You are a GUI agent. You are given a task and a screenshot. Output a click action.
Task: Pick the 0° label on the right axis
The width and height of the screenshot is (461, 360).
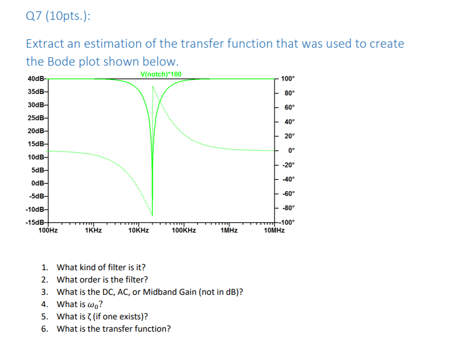(291, 151)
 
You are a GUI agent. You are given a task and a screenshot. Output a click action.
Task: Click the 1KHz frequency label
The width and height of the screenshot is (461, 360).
(93, 231)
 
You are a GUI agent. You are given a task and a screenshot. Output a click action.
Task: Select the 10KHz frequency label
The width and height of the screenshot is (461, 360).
(138, 231)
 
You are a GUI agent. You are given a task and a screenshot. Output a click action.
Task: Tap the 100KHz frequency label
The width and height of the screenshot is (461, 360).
(184, 231)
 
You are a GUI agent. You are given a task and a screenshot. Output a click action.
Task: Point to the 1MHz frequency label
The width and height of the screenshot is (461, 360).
(229, 231)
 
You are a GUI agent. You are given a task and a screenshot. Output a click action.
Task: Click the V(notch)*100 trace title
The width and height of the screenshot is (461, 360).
(161, 74)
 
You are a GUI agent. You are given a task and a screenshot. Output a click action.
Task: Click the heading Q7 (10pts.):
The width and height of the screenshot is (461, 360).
(57, 17)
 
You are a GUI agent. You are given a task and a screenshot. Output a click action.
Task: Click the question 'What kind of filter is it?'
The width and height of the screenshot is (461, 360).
(101, 267)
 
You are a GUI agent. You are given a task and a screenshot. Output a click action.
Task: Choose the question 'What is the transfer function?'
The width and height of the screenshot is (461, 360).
(114, 329)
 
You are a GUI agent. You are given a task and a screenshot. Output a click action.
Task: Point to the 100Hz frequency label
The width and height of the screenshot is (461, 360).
(48, 231)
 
